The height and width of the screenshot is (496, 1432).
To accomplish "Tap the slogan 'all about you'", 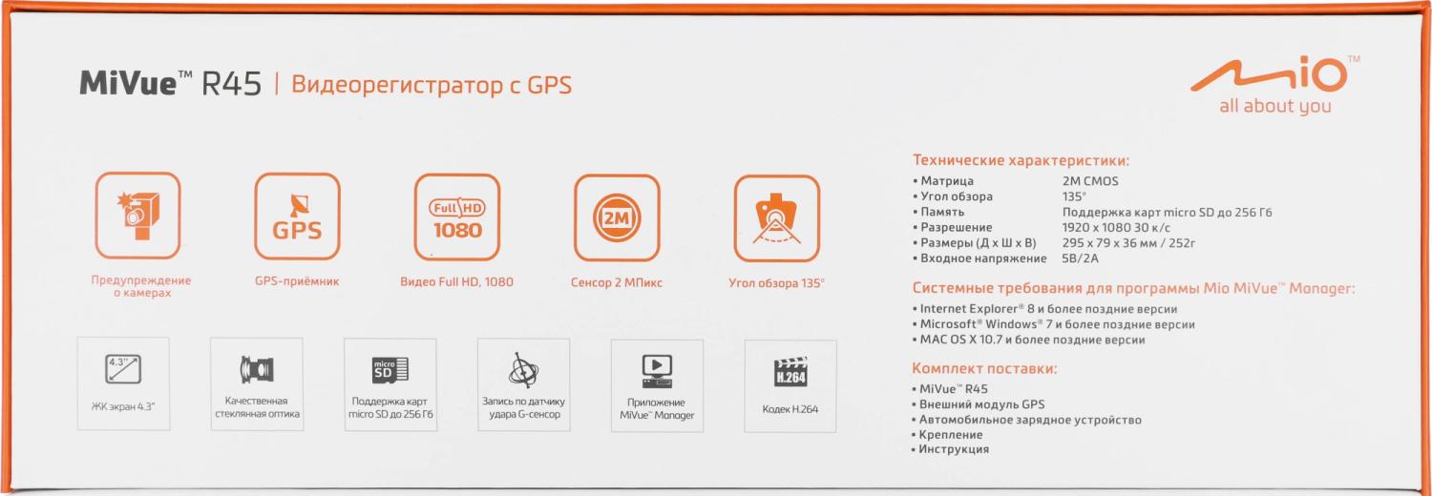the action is click(x=1274, y=106).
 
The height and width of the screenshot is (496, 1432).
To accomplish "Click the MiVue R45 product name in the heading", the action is click(x=170, y=84).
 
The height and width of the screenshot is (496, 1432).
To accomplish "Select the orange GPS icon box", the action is click(x=297, y=217).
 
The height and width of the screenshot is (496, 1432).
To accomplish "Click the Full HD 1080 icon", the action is click(x=457, y=217).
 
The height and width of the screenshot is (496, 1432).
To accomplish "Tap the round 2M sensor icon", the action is click(x=617, y=218).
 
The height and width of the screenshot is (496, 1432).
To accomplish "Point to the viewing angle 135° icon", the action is click(x=777, y=218).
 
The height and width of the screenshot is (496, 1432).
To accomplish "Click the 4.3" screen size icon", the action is click(x=123, y=369).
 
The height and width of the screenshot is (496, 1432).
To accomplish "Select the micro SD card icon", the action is click(x=390, y=370).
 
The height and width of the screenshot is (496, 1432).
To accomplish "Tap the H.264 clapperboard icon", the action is click(x=790, y=372).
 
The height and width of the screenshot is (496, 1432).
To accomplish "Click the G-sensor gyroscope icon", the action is click(x=523, y=369).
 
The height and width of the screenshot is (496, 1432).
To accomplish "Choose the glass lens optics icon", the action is click(x=257, y=369).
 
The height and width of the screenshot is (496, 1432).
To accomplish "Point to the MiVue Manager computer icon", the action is click(x=657, y=371).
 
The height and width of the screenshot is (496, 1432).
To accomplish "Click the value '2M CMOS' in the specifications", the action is click(x=1090, y=181).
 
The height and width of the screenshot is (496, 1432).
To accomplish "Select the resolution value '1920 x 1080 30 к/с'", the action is click(x=1116, y=228).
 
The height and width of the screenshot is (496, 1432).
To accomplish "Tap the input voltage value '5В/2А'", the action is click(x=1081, y=258).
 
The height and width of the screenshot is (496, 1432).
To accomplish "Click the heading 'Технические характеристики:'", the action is click(x=1021, y=160).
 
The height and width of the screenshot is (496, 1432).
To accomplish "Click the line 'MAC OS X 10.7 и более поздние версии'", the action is click(x=1028, y=340).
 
